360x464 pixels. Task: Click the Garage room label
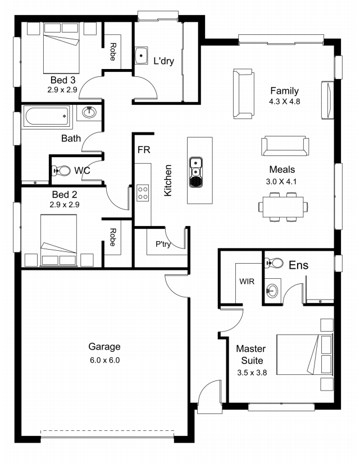click(104, 347)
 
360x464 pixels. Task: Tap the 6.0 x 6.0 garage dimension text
click(104, 360)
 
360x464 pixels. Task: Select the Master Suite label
click(251, 355)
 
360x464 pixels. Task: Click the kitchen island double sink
click(196, 172)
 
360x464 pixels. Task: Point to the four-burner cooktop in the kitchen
click(143, 193)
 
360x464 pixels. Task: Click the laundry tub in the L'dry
click(142, 56)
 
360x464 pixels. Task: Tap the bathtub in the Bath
click(47, 117)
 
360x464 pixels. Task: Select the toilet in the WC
click(61, 171)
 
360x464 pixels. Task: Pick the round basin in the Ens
click(272, 291)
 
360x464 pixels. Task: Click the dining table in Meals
click(283, 206)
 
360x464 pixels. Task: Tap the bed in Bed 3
click(62, 48)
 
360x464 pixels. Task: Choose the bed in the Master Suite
click(304, 355)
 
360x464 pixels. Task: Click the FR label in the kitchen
click(144, 150)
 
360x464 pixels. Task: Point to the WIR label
click(247, 281)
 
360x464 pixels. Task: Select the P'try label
click(163, 244)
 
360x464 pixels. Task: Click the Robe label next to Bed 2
click(112, 237)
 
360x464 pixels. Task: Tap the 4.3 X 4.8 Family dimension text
click(284, 102)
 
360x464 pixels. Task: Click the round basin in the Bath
click(89, 112)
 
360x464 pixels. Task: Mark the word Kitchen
click(168, 180)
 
